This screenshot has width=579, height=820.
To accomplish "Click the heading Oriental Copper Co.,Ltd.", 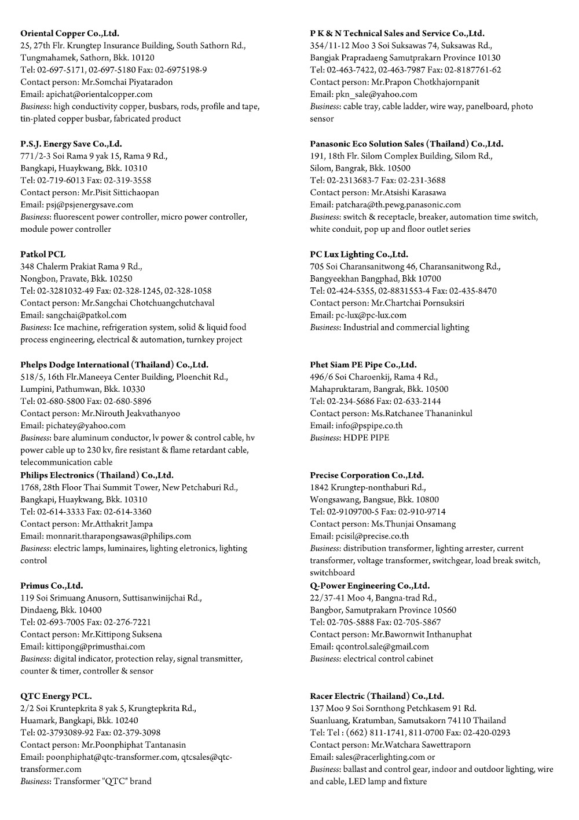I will pos(69,33).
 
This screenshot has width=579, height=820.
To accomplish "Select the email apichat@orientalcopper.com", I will pos(99,94).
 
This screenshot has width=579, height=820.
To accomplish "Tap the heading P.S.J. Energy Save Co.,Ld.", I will pos(71,144).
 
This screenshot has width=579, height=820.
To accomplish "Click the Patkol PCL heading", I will pos(43,254).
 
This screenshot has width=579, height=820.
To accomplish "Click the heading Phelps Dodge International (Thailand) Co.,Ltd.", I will pos(114,365).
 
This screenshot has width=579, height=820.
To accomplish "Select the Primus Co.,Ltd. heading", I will pos(52,585).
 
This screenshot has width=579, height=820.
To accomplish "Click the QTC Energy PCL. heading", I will pos(56,696).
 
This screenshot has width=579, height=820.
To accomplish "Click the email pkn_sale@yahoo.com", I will pos(376,94).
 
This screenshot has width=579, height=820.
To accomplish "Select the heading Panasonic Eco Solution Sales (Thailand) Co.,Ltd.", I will pos(406,144).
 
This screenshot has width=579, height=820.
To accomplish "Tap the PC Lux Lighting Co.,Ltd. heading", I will pos(359,254).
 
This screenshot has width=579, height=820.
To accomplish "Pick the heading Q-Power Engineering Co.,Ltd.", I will pos(369,585).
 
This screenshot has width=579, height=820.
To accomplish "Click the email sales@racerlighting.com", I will pos(380,757).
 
